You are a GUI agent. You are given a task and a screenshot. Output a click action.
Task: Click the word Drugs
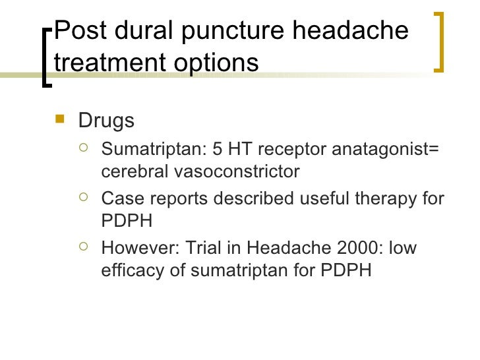point(106,121)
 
